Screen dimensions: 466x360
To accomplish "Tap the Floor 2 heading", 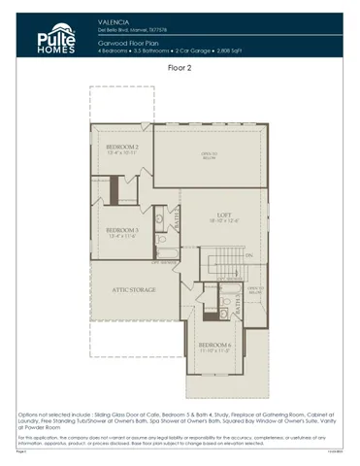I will coord(180,69).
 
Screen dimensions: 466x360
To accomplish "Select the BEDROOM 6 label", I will coord(215,345).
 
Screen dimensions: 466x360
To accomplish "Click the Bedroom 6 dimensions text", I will coord(215,351).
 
